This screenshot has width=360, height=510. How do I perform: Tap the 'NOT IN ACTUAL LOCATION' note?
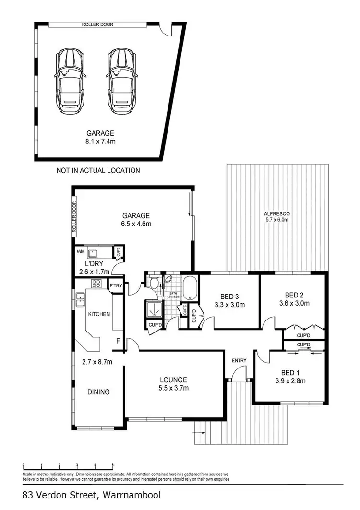pyautogui.click(x=98, y=170)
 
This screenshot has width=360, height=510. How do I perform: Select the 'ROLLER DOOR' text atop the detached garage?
pyautogui.click(x=98, y=24)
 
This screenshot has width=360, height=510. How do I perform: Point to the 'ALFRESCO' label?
pyautogui.click(x=277, y=213)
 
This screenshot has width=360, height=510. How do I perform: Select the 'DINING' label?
pyautogui.click(x=98, y=392)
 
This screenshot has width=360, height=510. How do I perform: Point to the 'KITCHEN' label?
pyautogui.click(x=98, y=314)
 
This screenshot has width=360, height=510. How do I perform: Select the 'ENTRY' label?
pyautogui.click(x=239, y=360)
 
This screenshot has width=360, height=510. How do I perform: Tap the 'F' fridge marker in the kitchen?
pyautogui.click(x=118, y=342)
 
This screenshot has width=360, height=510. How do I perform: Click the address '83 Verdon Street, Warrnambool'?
pyautogui.click(x=91, y=495)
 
